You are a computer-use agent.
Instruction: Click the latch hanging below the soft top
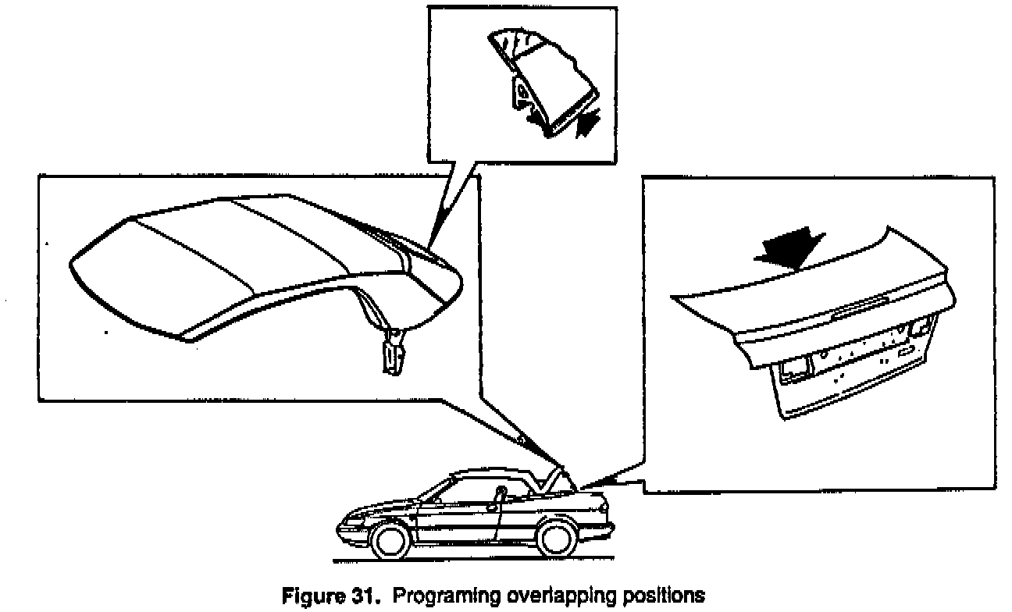[x=395, y=350]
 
